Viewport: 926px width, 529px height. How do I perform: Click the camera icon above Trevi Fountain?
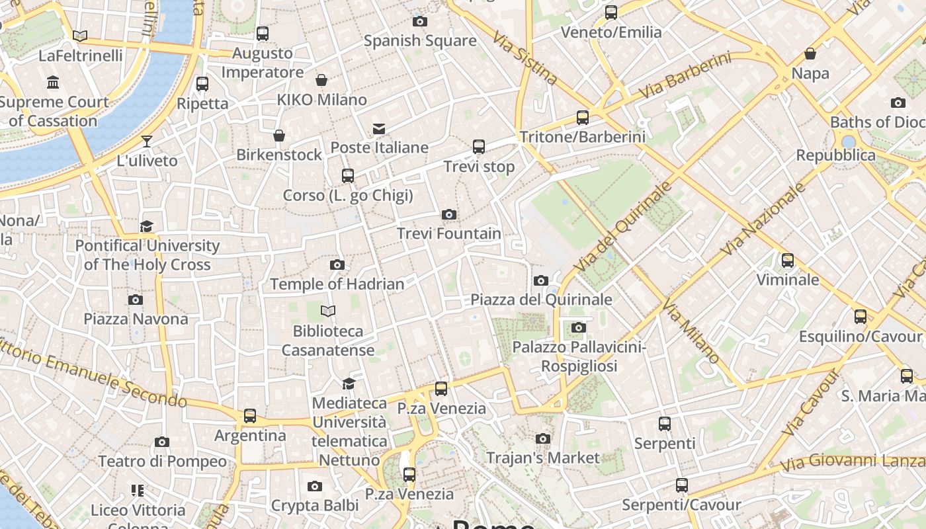pos(449,214)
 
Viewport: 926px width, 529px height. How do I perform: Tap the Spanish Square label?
pos(420,41)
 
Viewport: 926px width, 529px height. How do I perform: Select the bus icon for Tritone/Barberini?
pos(583,118)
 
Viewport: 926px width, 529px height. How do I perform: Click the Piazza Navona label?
pos(136,319)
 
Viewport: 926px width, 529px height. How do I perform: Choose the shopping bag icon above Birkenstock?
pos(279,136)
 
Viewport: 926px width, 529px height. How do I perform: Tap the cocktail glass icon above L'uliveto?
pos(146,142)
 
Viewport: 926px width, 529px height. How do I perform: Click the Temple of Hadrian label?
pos(337,284)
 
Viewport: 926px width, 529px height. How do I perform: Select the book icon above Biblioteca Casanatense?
pos(328,311)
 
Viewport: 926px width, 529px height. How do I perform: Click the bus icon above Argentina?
pos(249,416)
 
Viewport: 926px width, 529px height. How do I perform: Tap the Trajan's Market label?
pos(542,458)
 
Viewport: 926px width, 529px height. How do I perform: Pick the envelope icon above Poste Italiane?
pos(379,128)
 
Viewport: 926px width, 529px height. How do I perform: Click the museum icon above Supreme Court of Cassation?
pos(53,83)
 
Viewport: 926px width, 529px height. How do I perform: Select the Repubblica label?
pos(835,155)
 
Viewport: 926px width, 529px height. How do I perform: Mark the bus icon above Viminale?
pos(787,261)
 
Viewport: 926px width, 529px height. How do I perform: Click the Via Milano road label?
pos(691,331)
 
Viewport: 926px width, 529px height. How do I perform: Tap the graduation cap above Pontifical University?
pos(146,227)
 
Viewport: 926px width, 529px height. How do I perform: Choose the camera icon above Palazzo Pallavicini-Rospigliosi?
pos(579,327)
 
